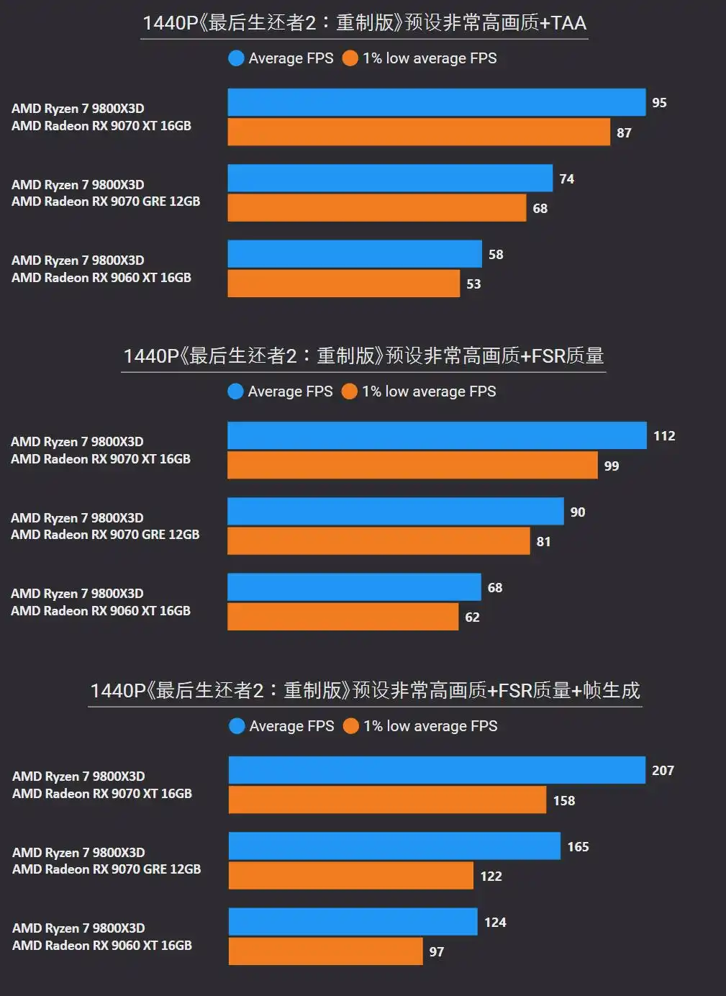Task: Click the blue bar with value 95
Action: (x=436, y=103)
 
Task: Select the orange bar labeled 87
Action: (x=419, y=132)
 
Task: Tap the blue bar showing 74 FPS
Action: (x=390, y=178)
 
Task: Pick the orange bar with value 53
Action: (x=343, y=284)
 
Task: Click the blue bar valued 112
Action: (x=437, y=435)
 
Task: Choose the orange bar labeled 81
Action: (x=378, y=541)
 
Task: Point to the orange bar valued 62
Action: (x=342, y=617)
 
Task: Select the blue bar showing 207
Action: (x=437, y=770)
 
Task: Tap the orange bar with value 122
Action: (x=350, y=876)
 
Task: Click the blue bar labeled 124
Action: (x=353, y=922)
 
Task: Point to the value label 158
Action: (x=564, y=800)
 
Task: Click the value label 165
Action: (x=578, y=846)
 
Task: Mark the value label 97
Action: (x=437, y=951)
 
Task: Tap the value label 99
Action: (x=612, y=466)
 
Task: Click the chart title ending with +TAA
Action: (x=364, y=23)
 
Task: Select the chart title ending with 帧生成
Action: (x=365, y=690)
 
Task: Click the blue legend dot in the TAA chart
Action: (x=236, y=58)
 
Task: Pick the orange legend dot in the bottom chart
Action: (x=351, y=726)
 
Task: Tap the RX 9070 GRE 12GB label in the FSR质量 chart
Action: (x=105, y=535)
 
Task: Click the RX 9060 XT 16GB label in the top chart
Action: (x=101, y=278)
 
